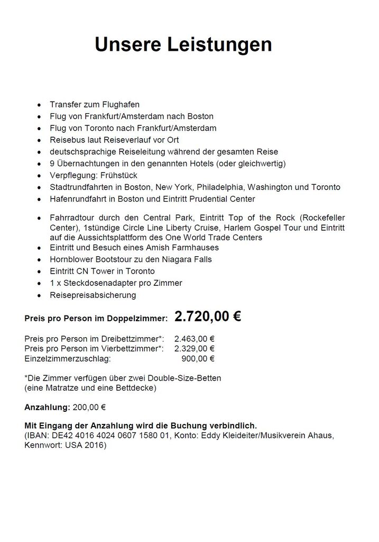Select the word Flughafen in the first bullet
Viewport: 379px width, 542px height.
[122, 105]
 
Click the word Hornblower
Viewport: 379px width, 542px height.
[72, 259]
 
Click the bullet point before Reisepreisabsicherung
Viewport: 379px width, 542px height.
[39, 295]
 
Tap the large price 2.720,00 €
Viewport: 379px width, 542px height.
[208, 317]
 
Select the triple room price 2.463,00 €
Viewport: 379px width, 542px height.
[194, 339]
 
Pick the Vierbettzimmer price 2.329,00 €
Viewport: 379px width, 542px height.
[194, 349]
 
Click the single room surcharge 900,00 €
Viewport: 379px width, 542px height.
[198, 359]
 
